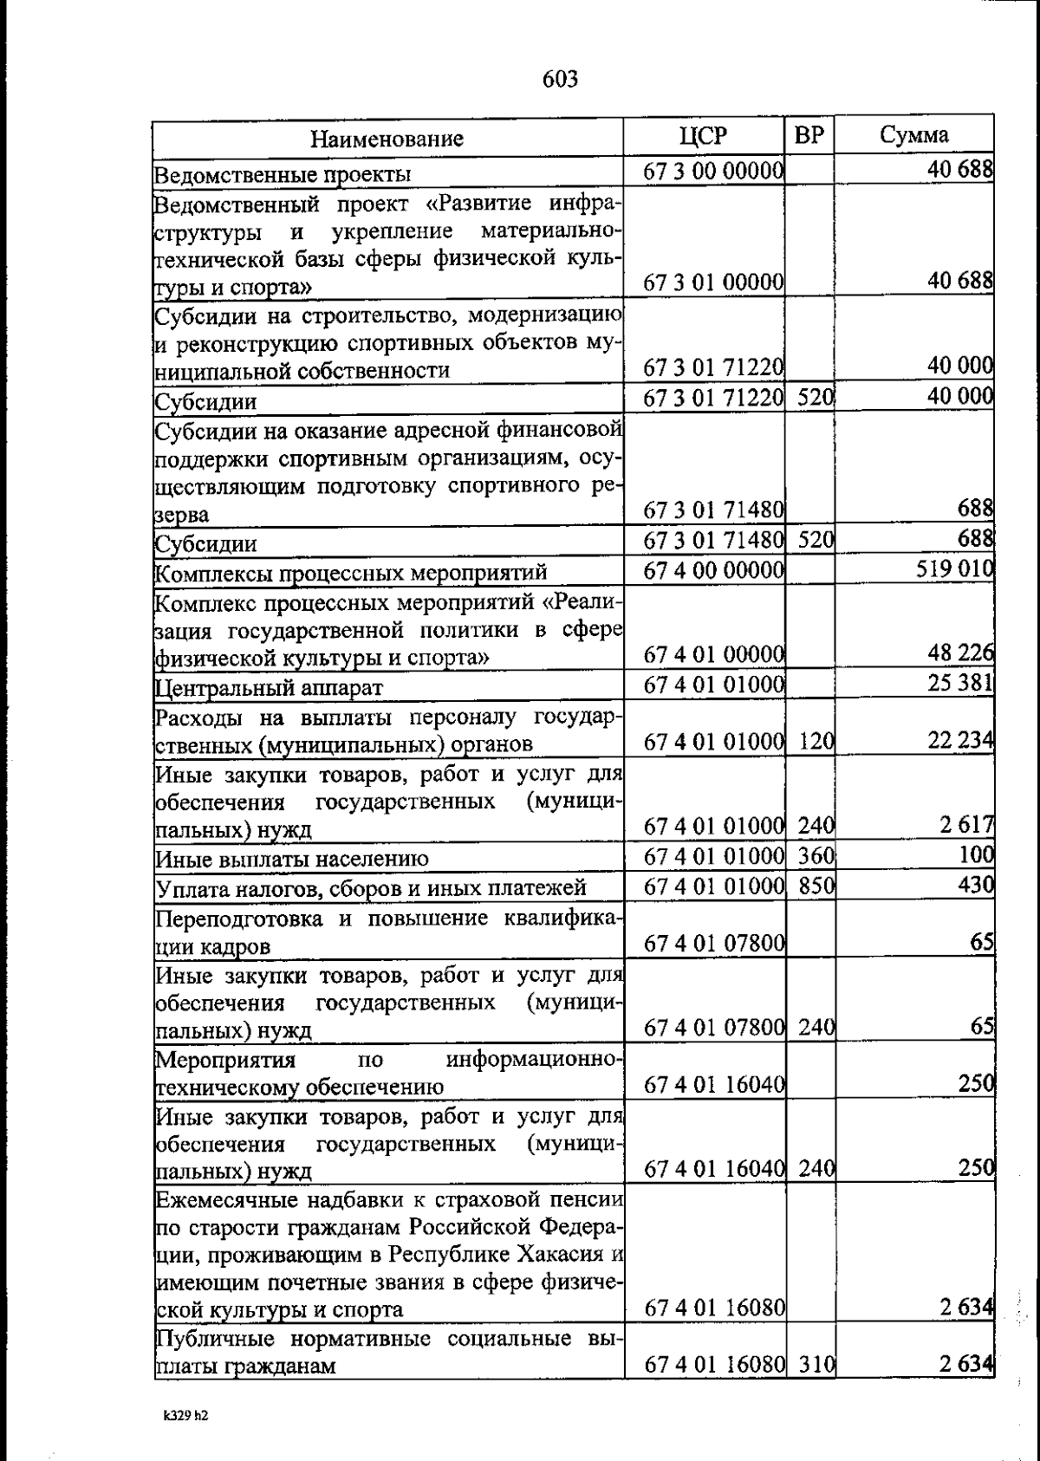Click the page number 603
point(560,80)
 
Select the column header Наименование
point(387,139)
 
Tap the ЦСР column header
point(703,136)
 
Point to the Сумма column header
point(914,135)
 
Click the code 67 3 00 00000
point(714,172)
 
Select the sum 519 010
point(953,570)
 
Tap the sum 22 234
point(959,742)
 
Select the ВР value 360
point(816,856)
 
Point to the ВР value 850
point(816,886)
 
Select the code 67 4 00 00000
point(714,570)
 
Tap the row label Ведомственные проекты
point(283,175)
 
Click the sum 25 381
point(959,685)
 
